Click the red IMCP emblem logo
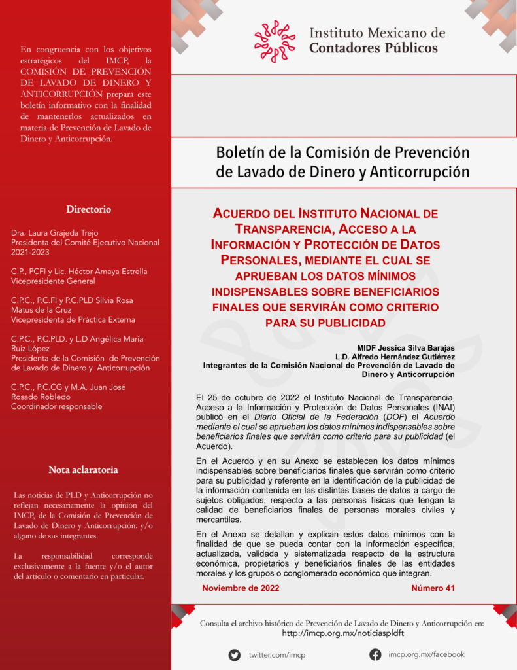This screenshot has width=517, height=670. pos(275,41)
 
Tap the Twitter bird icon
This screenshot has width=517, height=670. pos(234,654)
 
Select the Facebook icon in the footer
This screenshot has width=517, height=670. pos(375,654)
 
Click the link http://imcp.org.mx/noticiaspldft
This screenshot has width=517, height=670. pos(342,633)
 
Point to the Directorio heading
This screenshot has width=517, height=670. pos(88,209)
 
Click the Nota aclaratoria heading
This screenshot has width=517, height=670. pos(83,470)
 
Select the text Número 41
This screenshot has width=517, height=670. pos(433,588)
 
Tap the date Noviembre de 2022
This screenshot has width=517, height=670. pos(241,588)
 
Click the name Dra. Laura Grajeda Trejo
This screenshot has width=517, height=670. pos(54,233)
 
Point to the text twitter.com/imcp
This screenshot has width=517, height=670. pos(276,655)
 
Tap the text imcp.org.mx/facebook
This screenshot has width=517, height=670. pos(426,654)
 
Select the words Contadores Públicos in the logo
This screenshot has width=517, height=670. pos(373,48)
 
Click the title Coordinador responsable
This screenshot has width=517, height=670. pos(56,406)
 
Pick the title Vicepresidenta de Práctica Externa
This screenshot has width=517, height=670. pos(73,319)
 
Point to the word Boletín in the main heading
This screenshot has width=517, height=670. pos(239,152)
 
